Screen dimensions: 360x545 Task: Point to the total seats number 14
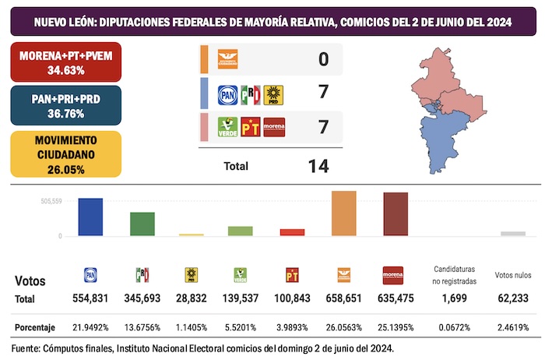click(x=318, y=166)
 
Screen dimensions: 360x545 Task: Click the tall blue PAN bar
click(x=90, y=217)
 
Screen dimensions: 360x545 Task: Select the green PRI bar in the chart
click(x=142, y=224)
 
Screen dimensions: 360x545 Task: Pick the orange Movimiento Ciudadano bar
click(x=344, y=214)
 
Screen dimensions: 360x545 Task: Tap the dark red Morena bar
click(x=396, y=214)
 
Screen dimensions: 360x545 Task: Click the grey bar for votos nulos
click(x=512, y=233)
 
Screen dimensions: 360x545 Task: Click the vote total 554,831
click(x=90, y=299)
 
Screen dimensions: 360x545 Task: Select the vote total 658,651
click(x=343, y=299)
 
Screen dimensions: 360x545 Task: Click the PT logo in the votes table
click(x=293, y=274)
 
